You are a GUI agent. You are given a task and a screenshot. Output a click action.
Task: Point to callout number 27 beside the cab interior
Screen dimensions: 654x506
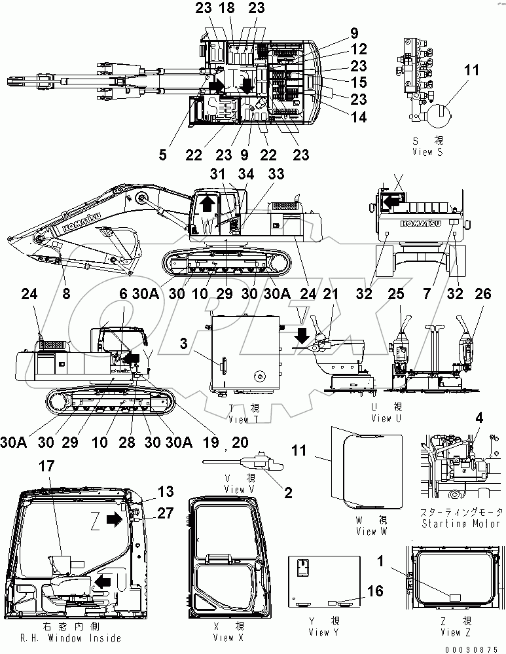(x=165, y=513)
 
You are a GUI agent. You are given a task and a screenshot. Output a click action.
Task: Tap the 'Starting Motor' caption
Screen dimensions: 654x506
(x=462, y=524)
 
